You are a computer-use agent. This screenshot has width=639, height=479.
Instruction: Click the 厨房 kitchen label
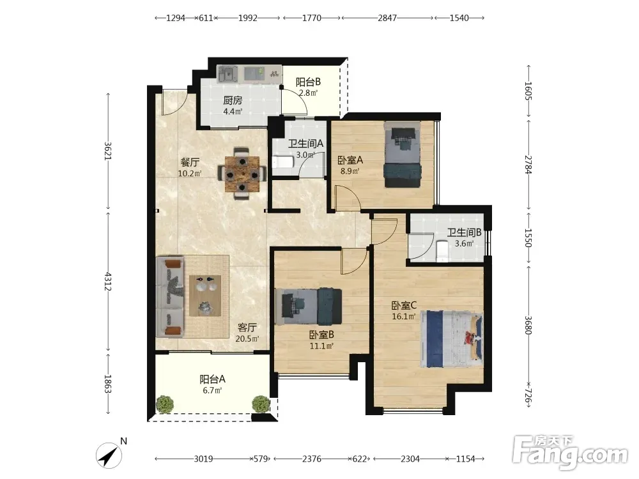(233, 100)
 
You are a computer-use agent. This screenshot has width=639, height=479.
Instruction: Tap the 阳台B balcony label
(308, 82)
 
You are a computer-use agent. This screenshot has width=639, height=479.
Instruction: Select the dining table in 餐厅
(242, 174)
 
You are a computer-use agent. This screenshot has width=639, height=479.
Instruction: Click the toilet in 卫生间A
(283, 162)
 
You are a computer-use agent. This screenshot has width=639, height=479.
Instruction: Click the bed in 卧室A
(403, 155)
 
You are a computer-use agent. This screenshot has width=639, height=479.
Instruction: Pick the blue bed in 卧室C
(452, 339)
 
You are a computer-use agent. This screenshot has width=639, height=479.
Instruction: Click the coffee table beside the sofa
(205, 296)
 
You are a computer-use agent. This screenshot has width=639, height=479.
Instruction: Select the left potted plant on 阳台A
(165, 404)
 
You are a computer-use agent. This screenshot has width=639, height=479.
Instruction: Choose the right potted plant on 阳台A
(261, 404)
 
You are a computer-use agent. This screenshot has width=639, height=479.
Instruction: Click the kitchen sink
(228, 75)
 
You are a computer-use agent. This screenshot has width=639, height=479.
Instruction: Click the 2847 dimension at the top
(387, 18)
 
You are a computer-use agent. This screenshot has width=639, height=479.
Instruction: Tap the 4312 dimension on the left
(107, 282)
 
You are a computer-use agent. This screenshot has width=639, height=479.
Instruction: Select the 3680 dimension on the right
(528, 325)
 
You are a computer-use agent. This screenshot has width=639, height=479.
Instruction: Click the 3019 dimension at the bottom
(203, 459)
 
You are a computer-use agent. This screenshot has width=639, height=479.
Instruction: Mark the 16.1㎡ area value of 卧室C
(404, 317)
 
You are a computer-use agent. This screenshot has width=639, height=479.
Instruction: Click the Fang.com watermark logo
(570, 452)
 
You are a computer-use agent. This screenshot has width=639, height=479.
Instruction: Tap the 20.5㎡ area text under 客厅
(247, 338)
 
